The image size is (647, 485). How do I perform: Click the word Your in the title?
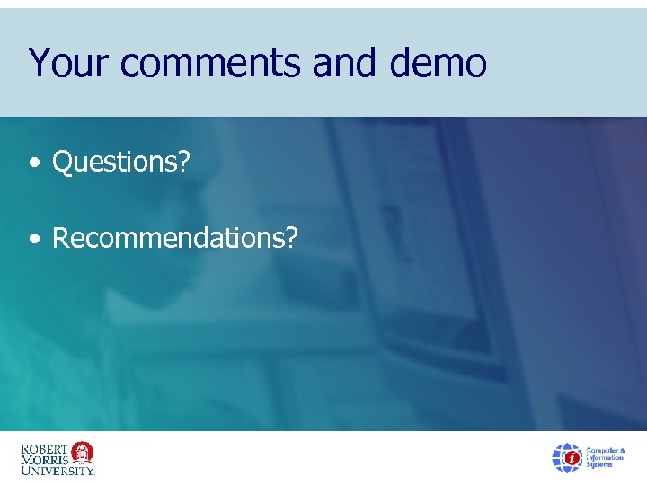[68, 64]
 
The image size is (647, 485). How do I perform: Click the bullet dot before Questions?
[33, 164]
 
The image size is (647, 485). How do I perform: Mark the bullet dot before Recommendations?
[33, 240]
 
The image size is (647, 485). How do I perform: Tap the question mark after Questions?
[183, 163]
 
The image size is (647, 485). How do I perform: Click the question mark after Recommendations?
[290, 238]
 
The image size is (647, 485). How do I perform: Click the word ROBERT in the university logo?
[43, 447]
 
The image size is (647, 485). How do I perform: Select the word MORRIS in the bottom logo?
[43, 458]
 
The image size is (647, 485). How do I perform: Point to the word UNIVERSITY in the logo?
[57, 469]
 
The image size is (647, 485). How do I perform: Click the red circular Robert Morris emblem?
[82, 451]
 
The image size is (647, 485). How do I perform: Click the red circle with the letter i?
[571, 459]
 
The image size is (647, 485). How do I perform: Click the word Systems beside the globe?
[601, 465]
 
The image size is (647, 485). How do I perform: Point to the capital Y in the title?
[38, 63]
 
